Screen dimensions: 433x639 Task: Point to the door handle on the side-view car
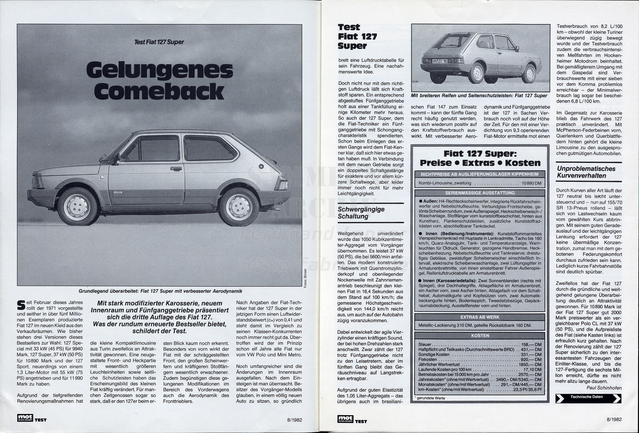177,168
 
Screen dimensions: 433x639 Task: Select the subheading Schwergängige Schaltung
361,213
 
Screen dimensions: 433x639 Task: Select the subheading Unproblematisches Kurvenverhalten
586,172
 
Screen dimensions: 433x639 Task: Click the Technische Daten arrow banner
588,398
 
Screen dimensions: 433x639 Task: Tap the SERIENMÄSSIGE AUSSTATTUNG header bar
480,193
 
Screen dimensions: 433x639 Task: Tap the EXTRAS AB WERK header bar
480,317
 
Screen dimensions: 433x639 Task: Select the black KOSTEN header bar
480,336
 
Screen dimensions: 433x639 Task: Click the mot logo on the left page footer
25,418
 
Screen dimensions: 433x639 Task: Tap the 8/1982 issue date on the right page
614,419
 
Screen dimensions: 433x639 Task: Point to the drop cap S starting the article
20,304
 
